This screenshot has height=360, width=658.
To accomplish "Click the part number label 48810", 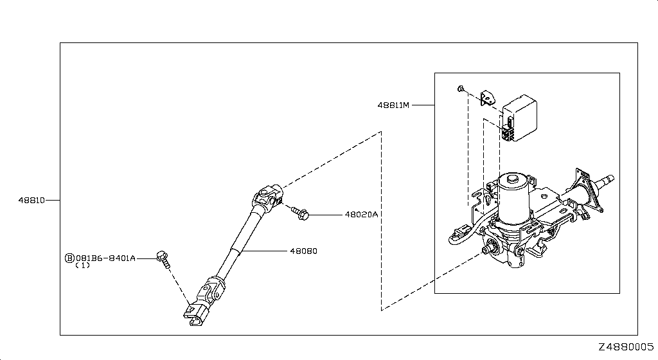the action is [x=31, y=201].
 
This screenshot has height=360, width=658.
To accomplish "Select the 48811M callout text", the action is [x=393, y=105].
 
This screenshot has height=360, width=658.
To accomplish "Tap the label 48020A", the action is [x=361, y=215].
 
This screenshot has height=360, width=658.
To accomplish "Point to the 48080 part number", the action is [x=303, y=251].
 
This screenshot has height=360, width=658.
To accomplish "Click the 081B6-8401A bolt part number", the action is [x=105, y=258].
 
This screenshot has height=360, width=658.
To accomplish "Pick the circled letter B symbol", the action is [x=69, y=258].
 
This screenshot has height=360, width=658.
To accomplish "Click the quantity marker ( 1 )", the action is [x=83, y=265].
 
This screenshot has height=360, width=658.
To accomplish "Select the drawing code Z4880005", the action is [x=626, y=347].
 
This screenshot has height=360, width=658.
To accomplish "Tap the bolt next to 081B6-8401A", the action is [x=164, y=259].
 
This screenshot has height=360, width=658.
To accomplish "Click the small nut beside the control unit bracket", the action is [x=460, y=89].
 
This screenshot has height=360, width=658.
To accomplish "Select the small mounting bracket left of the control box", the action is [x=487, y=98].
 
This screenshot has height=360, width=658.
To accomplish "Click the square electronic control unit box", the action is [x=519, y=120].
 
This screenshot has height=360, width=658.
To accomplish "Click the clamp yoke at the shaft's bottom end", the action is [x=195, y=314].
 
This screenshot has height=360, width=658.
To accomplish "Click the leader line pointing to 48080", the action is [x=264, y=251].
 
